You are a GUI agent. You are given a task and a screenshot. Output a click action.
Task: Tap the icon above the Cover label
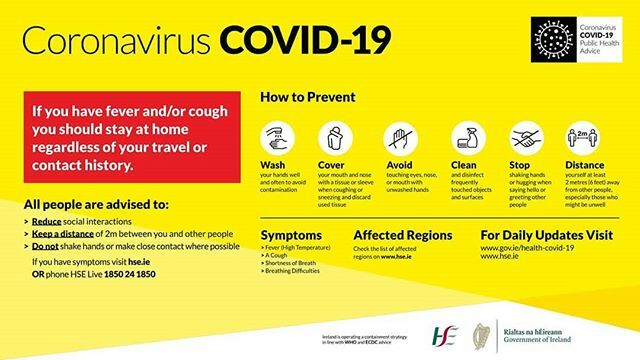pos(333,136)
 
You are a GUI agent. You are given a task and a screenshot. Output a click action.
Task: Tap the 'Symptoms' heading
pos(292,235)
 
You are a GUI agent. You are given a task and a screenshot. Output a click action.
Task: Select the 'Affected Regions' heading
pos(397,235)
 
